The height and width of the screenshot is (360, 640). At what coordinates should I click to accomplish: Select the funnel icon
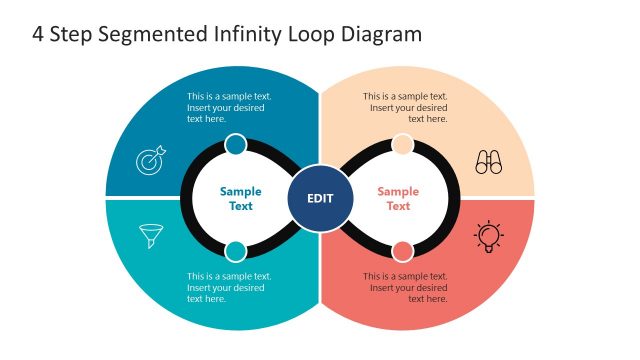151,236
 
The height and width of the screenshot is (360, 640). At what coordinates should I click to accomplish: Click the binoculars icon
488,162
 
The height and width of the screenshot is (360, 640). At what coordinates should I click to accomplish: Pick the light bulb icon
488,235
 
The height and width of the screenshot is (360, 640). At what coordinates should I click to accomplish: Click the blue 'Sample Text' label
240,198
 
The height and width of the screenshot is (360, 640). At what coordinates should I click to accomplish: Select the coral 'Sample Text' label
398,198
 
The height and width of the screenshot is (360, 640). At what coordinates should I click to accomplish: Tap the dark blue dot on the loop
236,145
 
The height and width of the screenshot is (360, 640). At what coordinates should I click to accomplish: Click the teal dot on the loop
236,251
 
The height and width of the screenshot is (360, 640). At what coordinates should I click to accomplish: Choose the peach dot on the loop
402,145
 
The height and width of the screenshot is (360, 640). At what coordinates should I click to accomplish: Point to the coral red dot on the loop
402,251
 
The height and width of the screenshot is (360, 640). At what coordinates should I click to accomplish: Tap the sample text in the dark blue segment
229,108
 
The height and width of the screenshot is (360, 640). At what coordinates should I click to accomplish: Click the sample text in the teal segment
229,287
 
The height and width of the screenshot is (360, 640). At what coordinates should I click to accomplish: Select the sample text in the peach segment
405,108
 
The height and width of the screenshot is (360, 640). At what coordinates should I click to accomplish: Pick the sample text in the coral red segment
405,287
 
